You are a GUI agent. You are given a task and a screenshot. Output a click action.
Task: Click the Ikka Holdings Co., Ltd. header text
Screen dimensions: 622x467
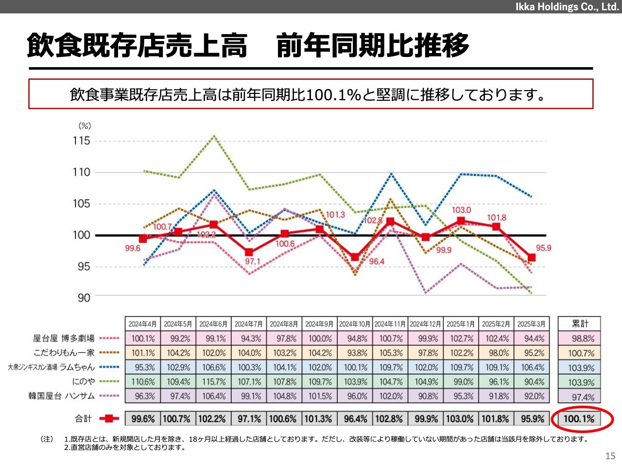point(567,7)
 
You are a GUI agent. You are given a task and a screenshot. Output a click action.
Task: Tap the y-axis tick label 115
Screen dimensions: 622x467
point(81,141)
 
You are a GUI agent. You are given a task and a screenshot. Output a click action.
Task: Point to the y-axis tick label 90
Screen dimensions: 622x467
point(84,298)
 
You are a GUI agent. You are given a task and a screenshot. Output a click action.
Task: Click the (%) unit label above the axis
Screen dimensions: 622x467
point(85,126)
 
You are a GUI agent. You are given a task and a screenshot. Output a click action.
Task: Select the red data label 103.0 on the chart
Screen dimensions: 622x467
point(461,210)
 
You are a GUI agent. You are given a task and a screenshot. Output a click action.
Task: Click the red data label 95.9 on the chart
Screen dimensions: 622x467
point(543,248)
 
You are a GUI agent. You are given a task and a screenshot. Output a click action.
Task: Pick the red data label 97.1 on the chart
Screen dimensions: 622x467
point(253,261)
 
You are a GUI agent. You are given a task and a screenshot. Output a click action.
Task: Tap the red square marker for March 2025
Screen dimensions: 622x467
point(532,257)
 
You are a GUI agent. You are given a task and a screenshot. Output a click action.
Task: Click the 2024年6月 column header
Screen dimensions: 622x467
point(213,324)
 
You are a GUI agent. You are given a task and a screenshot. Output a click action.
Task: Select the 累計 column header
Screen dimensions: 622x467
point(580,323)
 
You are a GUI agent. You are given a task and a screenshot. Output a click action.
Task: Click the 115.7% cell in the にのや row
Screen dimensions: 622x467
point(214,382)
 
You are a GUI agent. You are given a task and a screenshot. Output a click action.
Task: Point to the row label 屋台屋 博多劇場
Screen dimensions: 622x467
point(64,338)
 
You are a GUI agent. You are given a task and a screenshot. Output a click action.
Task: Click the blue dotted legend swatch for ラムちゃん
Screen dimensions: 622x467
point(109,367)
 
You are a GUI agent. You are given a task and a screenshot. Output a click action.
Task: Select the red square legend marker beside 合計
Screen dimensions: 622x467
point(109,418)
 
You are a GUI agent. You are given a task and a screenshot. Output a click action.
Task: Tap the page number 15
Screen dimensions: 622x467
point(610,456)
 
